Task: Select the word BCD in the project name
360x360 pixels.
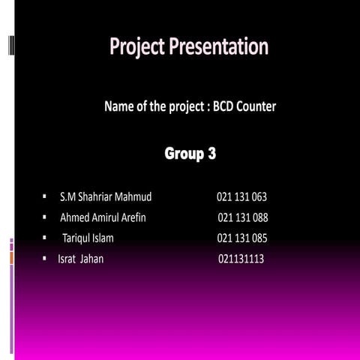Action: click(226, 107)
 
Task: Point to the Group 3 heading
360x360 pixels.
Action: click(190, 155)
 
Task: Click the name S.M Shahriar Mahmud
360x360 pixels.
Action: click(105, 197)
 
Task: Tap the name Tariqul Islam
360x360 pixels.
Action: click(88, 239)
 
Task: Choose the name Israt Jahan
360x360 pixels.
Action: click(81, 259)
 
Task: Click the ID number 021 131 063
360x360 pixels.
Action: click(241, 197)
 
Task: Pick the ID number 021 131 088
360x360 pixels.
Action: click(242, 218)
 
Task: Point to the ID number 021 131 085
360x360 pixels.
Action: click(242, 239)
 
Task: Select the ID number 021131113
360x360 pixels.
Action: click(241, 259)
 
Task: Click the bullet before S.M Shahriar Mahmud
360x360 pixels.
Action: click(45, 197)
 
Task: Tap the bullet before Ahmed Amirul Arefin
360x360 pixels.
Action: click(45, 218)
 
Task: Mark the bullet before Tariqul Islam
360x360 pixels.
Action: click(45, 239)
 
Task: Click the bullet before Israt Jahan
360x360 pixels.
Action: click(45, 259)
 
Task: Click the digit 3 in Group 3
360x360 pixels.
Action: click(212, 155)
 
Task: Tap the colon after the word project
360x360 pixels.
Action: click(207, 108)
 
